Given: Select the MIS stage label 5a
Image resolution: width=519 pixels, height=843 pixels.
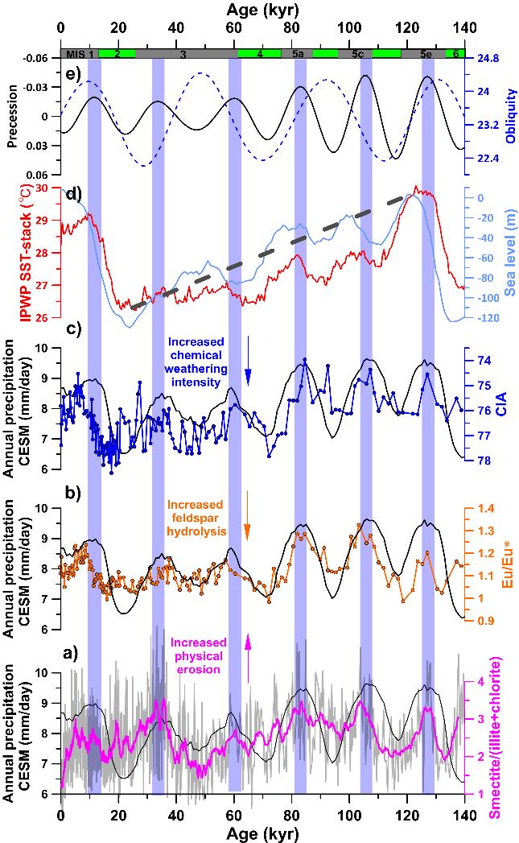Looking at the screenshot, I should point(299,54).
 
